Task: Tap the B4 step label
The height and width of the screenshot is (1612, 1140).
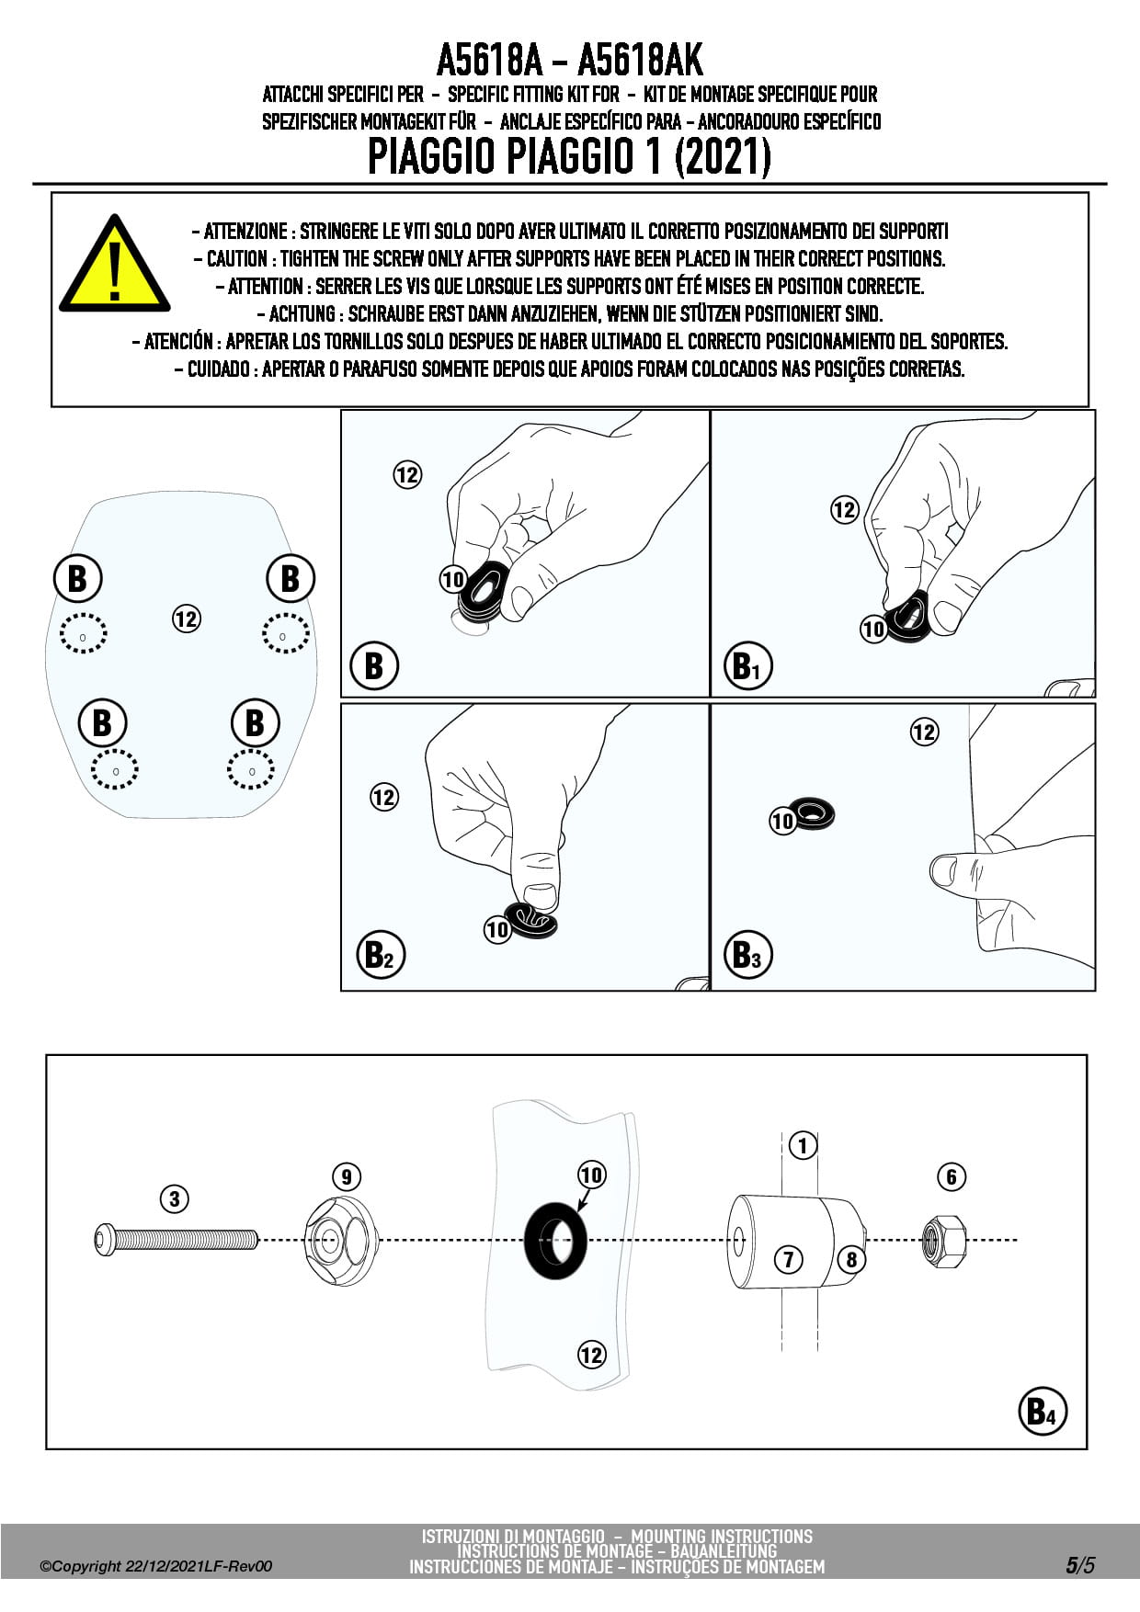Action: [1043, 1411]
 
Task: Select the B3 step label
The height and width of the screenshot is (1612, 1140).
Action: [747, 954]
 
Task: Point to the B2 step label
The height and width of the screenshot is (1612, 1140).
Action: [379, 954]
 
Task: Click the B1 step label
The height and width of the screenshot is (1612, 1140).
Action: [747, 665]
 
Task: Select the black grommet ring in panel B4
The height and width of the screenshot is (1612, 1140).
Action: [556, 1240]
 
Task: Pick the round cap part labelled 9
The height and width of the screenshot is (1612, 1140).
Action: [340, 1240]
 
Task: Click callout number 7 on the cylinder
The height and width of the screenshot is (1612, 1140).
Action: [788, 1258]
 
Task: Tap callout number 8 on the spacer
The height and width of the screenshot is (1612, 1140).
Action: [851, 1258]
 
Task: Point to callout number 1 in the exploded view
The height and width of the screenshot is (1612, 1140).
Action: [803, 1145]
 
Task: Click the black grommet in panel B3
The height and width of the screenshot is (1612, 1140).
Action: [814, 812]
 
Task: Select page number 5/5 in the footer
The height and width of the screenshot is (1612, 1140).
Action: [1080, 1565]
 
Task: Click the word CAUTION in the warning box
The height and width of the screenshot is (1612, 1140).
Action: [236, 259]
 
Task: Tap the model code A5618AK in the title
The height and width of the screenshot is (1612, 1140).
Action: [640, 62]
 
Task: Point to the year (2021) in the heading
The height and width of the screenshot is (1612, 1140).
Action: [723, 157]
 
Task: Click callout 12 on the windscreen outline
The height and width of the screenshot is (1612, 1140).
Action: [186, 619]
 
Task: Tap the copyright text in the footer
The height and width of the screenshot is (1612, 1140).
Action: [156, 1566]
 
